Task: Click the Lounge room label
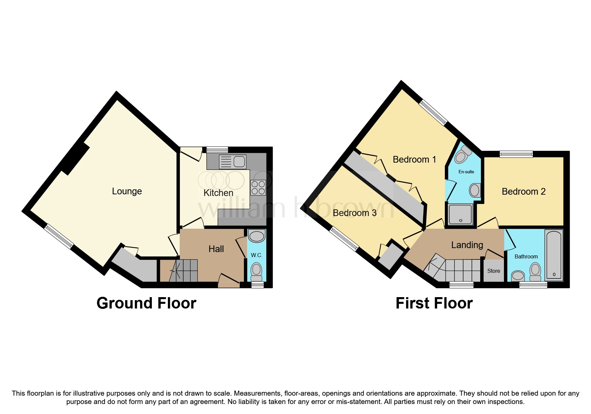(x=127, y=191)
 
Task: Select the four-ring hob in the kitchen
(x=258, y=187)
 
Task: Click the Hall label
(x=216, y=249)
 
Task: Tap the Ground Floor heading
(x=146, y=303)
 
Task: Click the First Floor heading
(x=434, y=303)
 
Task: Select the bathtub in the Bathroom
(x=554, y=255)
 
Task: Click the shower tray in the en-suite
(x=461, y=214)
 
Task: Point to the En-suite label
(x=466, y=172)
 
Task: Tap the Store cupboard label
(x=494, y=271)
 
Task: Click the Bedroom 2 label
(x=523, y=191)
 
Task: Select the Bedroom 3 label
(x=354, y=213)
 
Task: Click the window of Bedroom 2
(x=516, y=154)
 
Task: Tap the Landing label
(x=467, y=245)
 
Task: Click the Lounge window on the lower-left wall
(x=59, y=236)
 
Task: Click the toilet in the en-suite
(x=462, y=156)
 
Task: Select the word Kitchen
(x=218, y=193)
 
